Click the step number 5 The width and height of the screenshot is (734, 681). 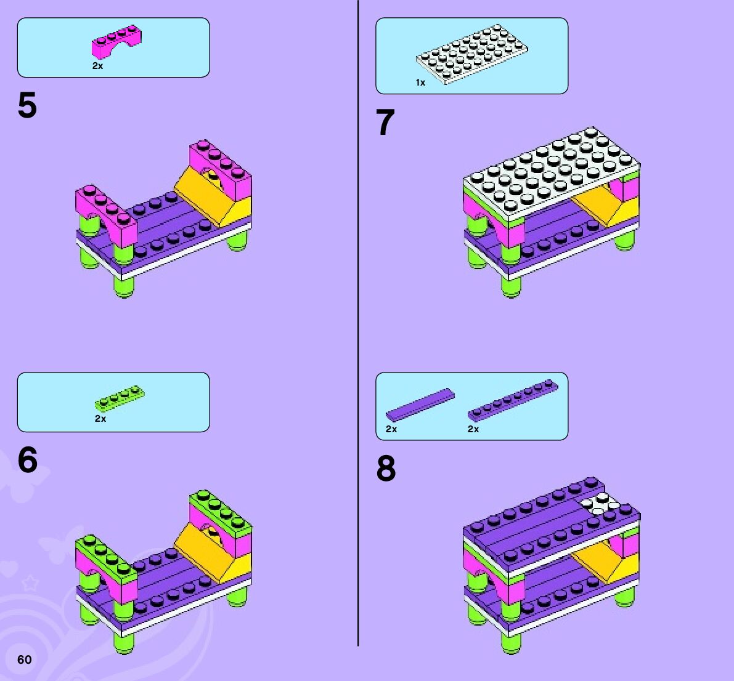27,105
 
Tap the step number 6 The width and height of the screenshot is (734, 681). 28,460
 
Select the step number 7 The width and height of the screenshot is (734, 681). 385,123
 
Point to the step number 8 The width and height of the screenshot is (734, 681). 386,468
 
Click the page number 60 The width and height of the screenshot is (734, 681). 24,659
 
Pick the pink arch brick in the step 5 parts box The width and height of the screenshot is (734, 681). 116,42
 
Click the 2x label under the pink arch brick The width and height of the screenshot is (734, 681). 97,66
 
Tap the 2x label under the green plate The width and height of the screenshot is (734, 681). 100,419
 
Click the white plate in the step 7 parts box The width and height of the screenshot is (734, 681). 472,54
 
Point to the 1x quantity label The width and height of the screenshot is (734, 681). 420,83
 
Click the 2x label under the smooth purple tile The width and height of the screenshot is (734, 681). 391,429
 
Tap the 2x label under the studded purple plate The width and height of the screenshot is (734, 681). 473,429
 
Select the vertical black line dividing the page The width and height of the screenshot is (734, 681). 358,323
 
